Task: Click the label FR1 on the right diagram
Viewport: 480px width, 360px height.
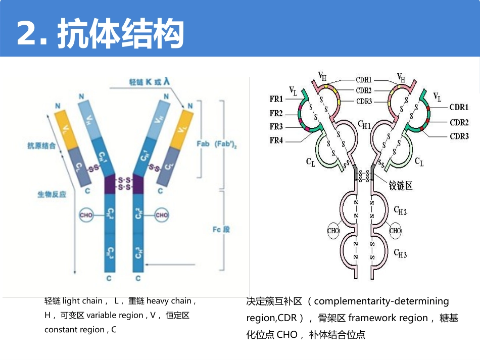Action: click(x=276, y=100)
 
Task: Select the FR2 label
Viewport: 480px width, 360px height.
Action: click(x=276, y=114)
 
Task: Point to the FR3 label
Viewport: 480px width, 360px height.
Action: click(x=276, y=127)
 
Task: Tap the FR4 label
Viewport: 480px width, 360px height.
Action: click(x=276, y=140)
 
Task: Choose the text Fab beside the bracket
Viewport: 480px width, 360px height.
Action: click(x=203, y=144)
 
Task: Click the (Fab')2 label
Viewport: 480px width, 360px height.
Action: click(x=226, y=144)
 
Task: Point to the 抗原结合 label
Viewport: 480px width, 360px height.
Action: click(x=41, y=146)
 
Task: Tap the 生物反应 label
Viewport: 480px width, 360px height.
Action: click(x=52, y=194)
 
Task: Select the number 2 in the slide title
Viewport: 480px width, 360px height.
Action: click(x=28, y=34)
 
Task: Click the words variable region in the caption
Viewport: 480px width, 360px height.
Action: click(x=114, y=315)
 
